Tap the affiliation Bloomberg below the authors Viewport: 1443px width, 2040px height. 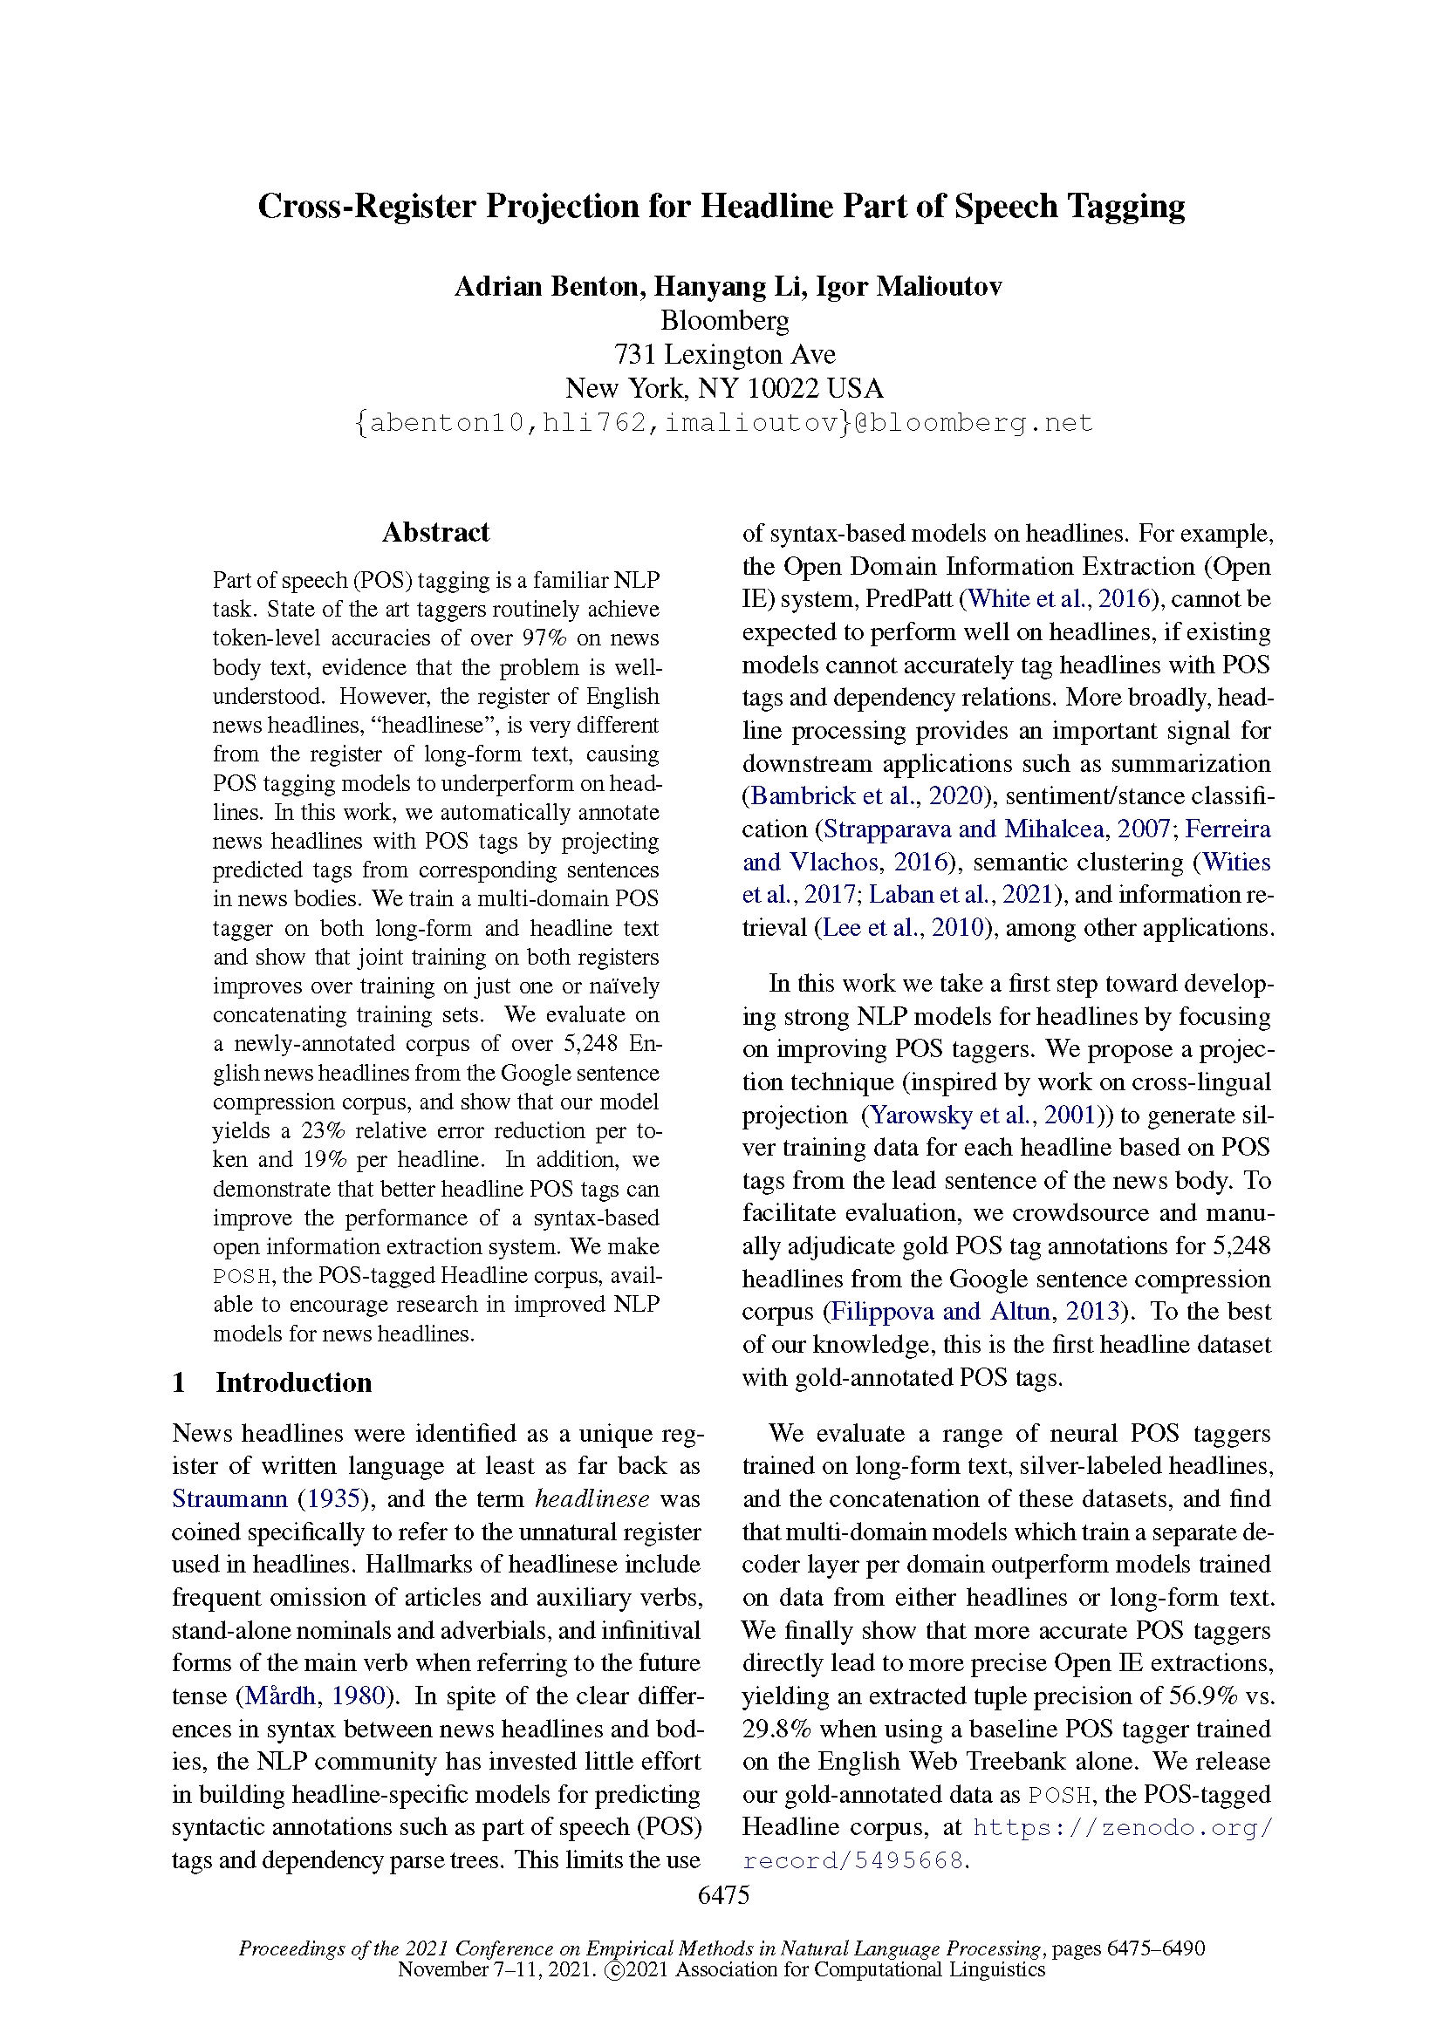tap(724, 320)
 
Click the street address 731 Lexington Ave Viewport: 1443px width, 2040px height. tap(724, 354)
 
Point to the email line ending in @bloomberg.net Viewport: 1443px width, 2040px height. tap(724, 423)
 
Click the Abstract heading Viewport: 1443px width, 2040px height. tap(435, 532)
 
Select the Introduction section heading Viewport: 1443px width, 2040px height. tap(293, 1382)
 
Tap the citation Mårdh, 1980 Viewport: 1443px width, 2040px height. tap(316, 1696)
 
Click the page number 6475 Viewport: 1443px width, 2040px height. tap(723, 1895)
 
